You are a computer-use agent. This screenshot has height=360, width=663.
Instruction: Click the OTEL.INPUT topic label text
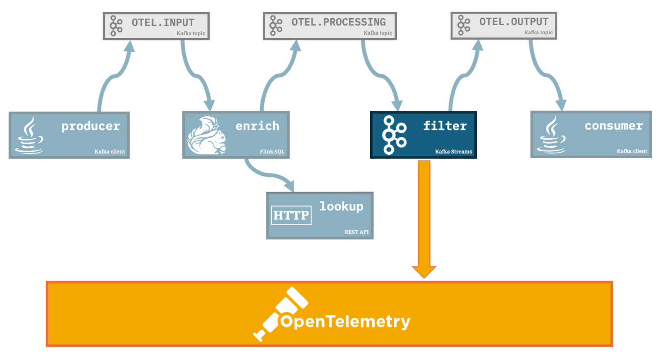click(163, 23)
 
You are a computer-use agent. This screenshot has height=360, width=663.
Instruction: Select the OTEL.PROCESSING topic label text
click(338, 22)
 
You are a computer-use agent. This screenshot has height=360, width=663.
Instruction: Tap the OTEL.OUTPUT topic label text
click(514, 22)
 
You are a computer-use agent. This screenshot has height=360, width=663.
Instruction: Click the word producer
click(90, 126)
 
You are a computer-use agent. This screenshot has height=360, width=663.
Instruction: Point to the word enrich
click(258, 126)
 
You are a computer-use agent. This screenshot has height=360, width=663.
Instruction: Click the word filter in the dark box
click(445, 126)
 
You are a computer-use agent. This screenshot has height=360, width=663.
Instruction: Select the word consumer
click(613, 126)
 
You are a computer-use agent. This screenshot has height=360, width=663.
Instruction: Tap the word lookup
click(341, 206)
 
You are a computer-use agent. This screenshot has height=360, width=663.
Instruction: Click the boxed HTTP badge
click(291, 215)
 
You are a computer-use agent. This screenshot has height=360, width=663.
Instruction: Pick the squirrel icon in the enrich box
click(206, 135)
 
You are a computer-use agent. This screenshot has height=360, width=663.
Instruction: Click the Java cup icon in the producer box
click(30, 135)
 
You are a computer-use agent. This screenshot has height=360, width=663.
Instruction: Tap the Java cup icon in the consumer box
click(551, 134)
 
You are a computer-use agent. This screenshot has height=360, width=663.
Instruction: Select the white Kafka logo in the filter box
click(394, 135)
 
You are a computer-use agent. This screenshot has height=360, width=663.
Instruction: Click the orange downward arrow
click(424, 217)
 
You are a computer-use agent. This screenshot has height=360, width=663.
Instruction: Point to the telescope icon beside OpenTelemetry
click(279, 314)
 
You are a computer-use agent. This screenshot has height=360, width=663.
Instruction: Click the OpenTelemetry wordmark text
click(345, 321)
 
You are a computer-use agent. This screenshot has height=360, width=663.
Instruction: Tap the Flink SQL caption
click(272, 152)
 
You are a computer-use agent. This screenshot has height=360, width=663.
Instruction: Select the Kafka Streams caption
click(453, 152)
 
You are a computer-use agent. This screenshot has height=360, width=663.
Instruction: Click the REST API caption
click(356, 232)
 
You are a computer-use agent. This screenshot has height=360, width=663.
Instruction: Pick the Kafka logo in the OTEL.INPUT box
click(116, 26)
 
